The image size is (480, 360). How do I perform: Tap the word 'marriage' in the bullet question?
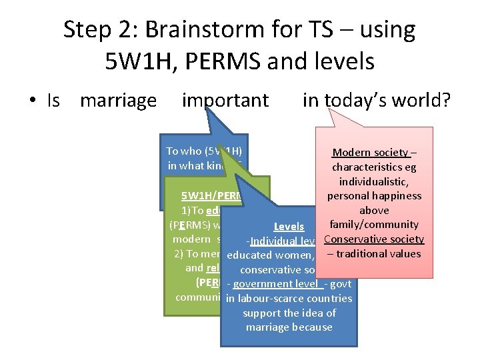(118, 101)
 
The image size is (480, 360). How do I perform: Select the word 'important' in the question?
(225, 101)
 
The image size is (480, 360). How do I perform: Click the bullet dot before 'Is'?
(31, 101)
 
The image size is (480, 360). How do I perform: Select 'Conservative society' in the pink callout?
(373, 239)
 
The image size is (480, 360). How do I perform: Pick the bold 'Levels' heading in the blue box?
(289, 227)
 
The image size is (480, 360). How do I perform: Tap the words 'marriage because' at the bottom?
(289, 327)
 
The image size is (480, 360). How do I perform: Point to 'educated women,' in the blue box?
(270, 255)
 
